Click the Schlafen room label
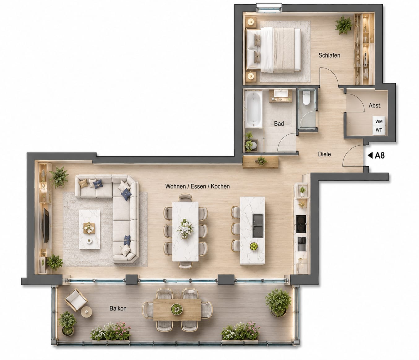coord(329,55)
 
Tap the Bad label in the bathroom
coord(279,123)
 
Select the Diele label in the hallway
coord(324,154)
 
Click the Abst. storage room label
coord(375,106)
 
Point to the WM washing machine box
coord(379,121)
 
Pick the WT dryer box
coord(379,130)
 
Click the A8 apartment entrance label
coord(380,156)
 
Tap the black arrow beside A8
coord(370,156)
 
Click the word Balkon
coord(118,309)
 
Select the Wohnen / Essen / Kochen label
coord(197,186)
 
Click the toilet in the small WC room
coord(306,98)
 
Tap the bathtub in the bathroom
coord(253,109)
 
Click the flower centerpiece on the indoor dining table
coord(185,229)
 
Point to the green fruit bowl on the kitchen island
coord(253,246)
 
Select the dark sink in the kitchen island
coord(258,226)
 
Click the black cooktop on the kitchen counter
coord(301,224)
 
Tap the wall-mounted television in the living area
coord(45,225)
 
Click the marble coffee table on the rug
coord(89,229)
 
